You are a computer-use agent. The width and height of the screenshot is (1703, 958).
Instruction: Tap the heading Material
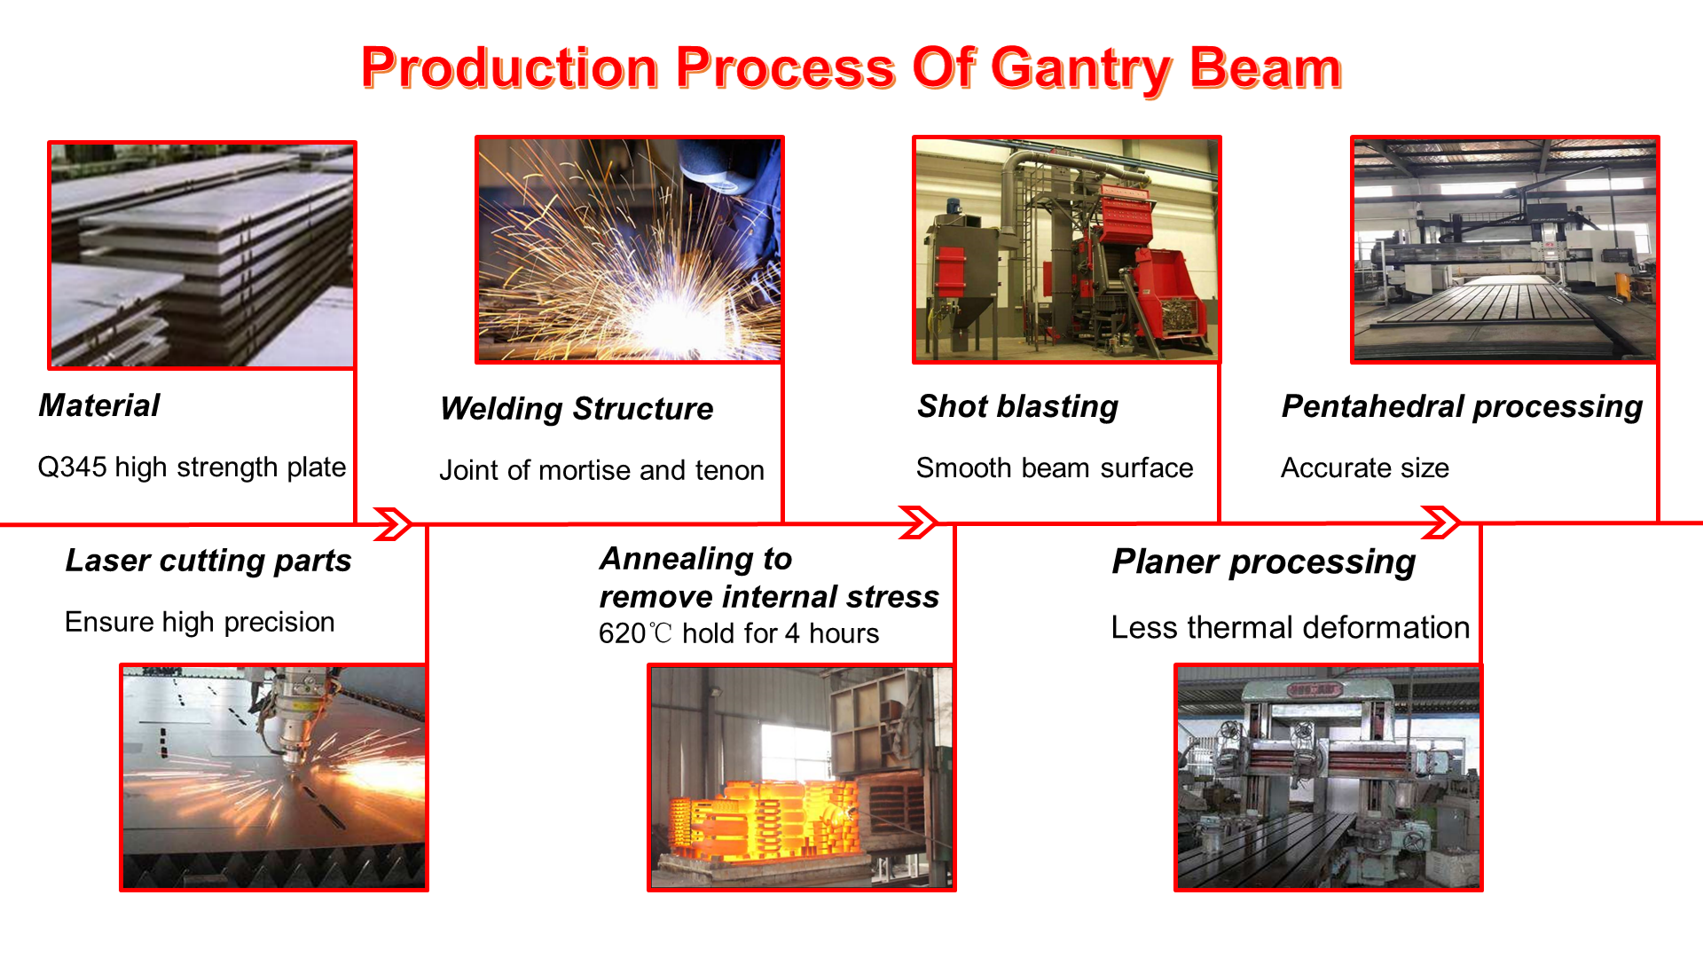[x=99, y=405]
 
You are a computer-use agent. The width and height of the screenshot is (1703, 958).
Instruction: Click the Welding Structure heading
[x=577, y=409]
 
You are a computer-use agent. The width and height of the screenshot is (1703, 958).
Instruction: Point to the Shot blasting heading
[x=1017, y=406]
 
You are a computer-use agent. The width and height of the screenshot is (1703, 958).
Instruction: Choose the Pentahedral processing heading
[x=1462, y=406]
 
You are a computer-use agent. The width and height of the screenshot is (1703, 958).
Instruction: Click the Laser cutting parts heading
[x=208, y=561]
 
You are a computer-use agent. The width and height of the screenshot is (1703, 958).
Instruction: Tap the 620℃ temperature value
[x=635, y=633]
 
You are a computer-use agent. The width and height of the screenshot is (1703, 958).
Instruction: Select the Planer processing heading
[x=1264, y=562]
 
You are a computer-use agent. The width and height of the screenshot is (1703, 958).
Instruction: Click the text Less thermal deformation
[x=1291, y=627]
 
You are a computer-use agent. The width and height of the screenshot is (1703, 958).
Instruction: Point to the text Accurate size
[x=1365, y=467]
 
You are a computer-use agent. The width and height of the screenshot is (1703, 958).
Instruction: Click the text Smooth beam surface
[x=1055, y=467]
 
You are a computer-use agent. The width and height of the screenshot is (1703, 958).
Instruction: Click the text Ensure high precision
[x=200, y=622]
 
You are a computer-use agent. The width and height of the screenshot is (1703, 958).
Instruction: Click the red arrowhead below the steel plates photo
[x=393, y=523]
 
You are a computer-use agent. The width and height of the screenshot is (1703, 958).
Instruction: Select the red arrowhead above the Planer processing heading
[x=1440, y=522]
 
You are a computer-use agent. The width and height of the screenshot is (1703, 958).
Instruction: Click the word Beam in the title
[x=1266, y=69]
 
